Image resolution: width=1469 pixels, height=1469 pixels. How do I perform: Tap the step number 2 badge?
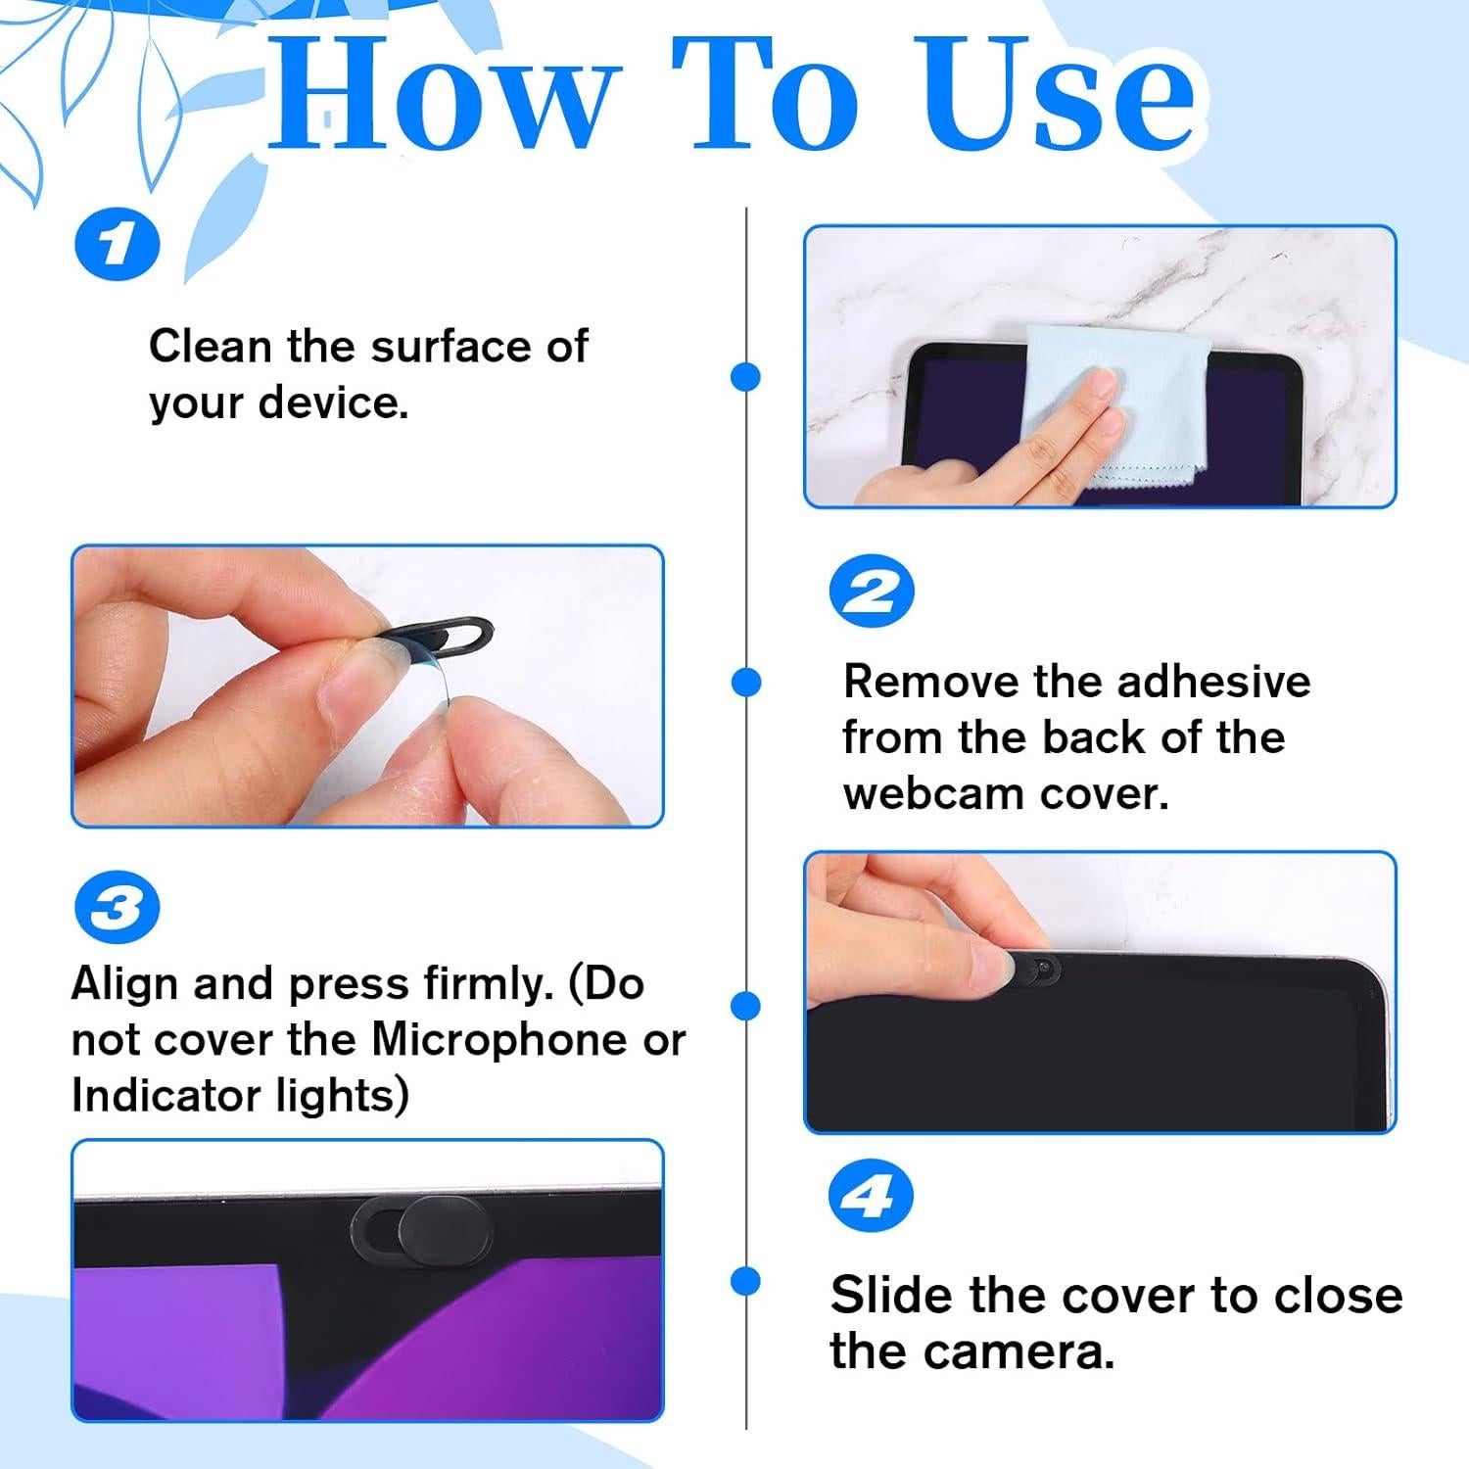click(871, 592)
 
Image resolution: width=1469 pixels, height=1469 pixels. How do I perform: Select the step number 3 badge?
click(118, 909)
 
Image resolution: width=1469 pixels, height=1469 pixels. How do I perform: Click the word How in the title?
click(446, 95)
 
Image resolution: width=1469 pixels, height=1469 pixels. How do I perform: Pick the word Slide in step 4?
click(893, 1295)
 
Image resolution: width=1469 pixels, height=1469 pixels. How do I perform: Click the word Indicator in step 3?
click(162, 1095)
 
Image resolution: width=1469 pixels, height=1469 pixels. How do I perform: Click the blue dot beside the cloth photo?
click(746, 376)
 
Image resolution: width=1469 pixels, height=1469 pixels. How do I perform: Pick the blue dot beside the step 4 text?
click(746, 1280)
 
